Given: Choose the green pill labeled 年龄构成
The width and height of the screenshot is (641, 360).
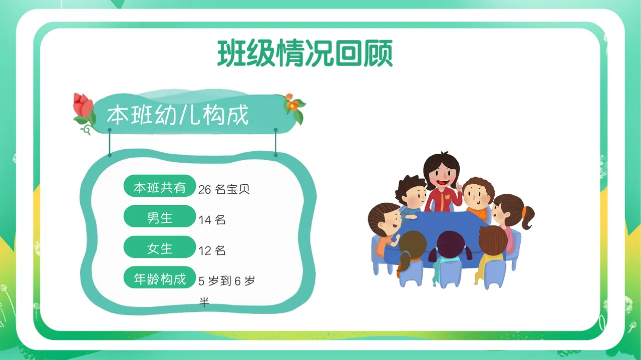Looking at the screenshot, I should click(x=159, y=278).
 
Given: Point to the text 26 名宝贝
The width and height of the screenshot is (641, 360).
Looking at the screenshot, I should click(x=224, y=189).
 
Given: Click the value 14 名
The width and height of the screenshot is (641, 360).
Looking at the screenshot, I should click(x=212, y=220).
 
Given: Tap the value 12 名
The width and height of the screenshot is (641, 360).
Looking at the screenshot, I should click(x=212, y=250).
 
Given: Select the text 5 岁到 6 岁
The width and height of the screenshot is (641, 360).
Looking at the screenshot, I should click(x=226, y=281).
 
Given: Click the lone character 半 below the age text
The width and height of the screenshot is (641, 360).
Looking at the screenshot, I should click(x=204, y=302).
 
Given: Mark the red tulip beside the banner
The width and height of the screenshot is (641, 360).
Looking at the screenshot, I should click(x=84, y=107).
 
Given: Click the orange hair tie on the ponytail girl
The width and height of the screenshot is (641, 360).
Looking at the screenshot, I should click(x=524, y=213).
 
